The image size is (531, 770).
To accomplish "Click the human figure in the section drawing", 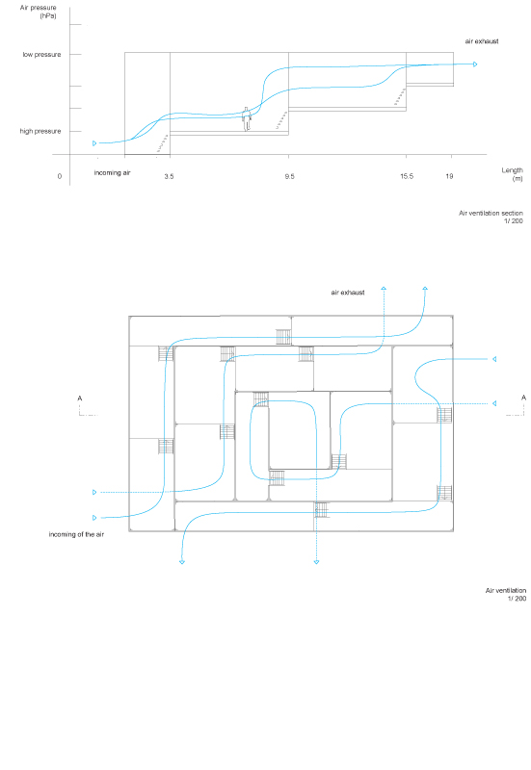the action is tap(247, 118).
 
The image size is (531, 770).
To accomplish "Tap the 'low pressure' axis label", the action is tap(41, 55).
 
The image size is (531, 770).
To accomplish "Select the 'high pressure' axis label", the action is tap(40, 131).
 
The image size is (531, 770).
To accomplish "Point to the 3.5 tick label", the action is tap(170, 176).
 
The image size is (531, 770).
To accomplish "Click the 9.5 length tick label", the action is tap(289, 176).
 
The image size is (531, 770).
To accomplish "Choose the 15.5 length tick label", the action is tap(407, 176).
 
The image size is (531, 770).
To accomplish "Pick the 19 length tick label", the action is tap(449, 176).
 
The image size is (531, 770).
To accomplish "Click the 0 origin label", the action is tap(60, 176).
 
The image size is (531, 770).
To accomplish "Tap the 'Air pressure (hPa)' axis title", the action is tap(39, 12).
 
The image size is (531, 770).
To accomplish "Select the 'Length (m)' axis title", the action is tap(513, 174).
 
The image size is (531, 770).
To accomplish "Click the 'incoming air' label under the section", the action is tap(112, 173).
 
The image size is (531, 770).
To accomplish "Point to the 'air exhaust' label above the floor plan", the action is tap(348, 293).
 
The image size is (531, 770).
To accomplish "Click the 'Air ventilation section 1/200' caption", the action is tap(491, 218).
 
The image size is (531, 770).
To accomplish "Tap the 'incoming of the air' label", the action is tap(76, 534).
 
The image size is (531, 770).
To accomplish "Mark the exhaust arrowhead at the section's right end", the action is tap(475, 64).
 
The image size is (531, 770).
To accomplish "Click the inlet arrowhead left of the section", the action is tap(94, 143).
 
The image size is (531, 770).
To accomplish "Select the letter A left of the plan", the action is tap(80, 398).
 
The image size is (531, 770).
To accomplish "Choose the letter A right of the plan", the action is tap(523, 398).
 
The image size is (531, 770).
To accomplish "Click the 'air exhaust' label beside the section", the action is tap(482, 41).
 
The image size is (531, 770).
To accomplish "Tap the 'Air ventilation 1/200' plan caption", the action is tap(506, 594).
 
